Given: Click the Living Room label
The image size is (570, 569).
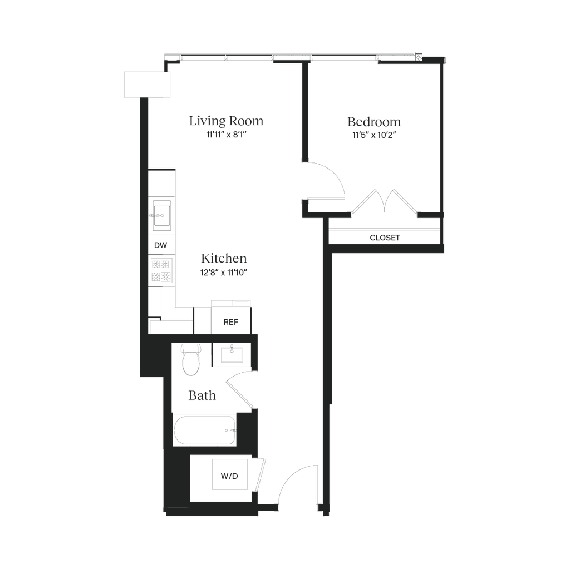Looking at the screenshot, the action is tap(226, 121).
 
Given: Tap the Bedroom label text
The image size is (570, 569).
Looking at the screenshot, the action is tap(374, 121).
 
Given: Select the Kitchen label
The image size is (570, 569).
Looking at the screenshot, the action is tap(224, 259).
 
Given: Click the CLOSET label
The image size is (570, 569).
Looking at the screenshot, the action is tap(385, 238).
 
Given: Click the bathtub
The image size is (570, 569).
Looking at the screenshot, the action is tap(204, 431).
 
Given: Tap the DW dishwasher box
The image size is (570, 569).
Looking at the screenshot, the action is tap(161, 245).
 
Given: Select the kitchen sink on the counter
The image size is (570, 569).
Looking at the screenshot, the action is tap(161, 214).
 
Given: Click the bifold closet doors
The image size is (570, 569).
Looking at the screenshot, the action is tap(384, 202).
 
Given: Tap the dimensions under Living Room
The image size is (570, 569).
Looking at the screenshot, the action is tap(226, 135).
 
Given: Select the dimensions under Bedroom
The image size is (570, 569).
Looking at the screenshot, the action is tap(374, 135).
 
